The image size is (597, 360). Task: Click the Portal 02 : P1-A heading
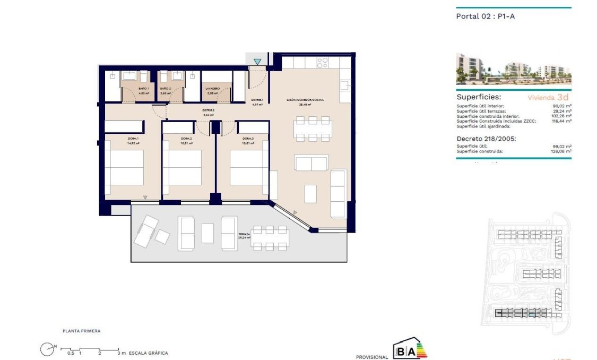pos(486,16)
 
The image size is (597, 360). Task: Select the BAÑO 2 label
pos(165,89)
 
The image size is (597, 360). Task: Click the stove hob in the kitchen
pos(322,63)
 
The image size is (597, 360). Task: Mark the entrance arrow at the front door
pos(257,62)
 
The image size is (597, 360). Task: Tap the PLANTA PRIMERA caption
pos(81,331)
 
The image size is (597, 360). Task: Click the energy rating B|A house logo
pos(409,349)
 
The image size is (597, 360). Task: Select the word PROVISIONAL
pos(372,357)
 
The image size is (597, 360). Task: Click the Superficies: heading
pos(479,98)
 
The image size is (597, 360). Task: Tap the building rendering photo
pos(513,68)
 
